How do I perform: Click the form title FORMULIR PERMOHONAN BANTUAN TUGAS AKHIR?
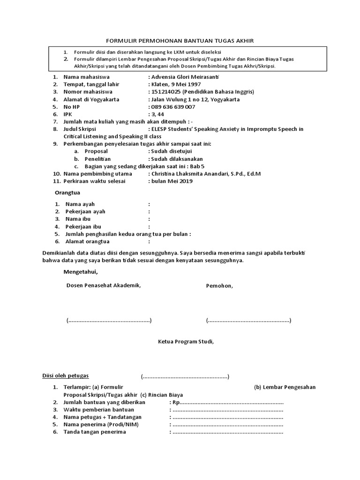pyautogui.click(x=180, y=41)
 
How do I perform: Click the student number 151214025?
pyautogui.click(x=165, y=92)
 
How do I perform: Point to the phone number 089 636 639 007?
pyautogui.click(x=173, y=107)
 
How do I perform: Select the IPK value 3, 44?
pyautogui.click(x=157, y=114)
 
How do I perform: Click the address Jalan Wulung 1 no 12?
pyautogui.click(x=180, y=99)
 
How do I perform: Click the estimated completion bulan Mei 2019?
pyautogui.click(x=169, y=181)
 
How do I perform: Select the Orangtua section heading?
pyautogui.click(x=67, y=193)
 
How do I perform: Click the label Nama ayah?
pyautogui.click(x=80, y=204)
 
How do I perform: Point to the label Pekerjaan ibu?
pyautogui.click(x=83, y=226)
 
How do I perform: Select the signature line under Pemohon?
pyautogui.click(x=248, y=321)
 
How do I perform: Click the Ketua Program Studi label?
pyautogui.click(x=185, y=342)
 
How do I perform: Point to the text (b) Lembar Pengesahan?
pyautogui.click(x=285, y=387)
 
